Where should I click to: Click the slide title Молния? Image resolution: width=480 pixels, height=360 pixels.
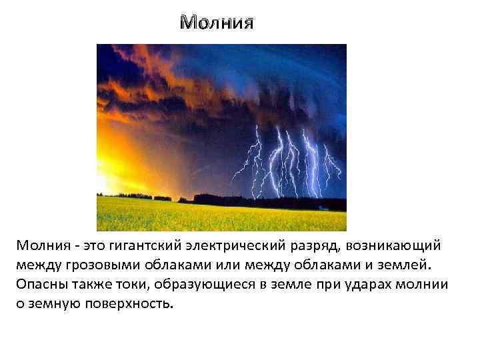click(x=217, y=23)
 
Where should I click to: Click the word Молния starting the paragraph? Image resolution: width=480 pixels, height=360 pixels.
click(x=39, y=246)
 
